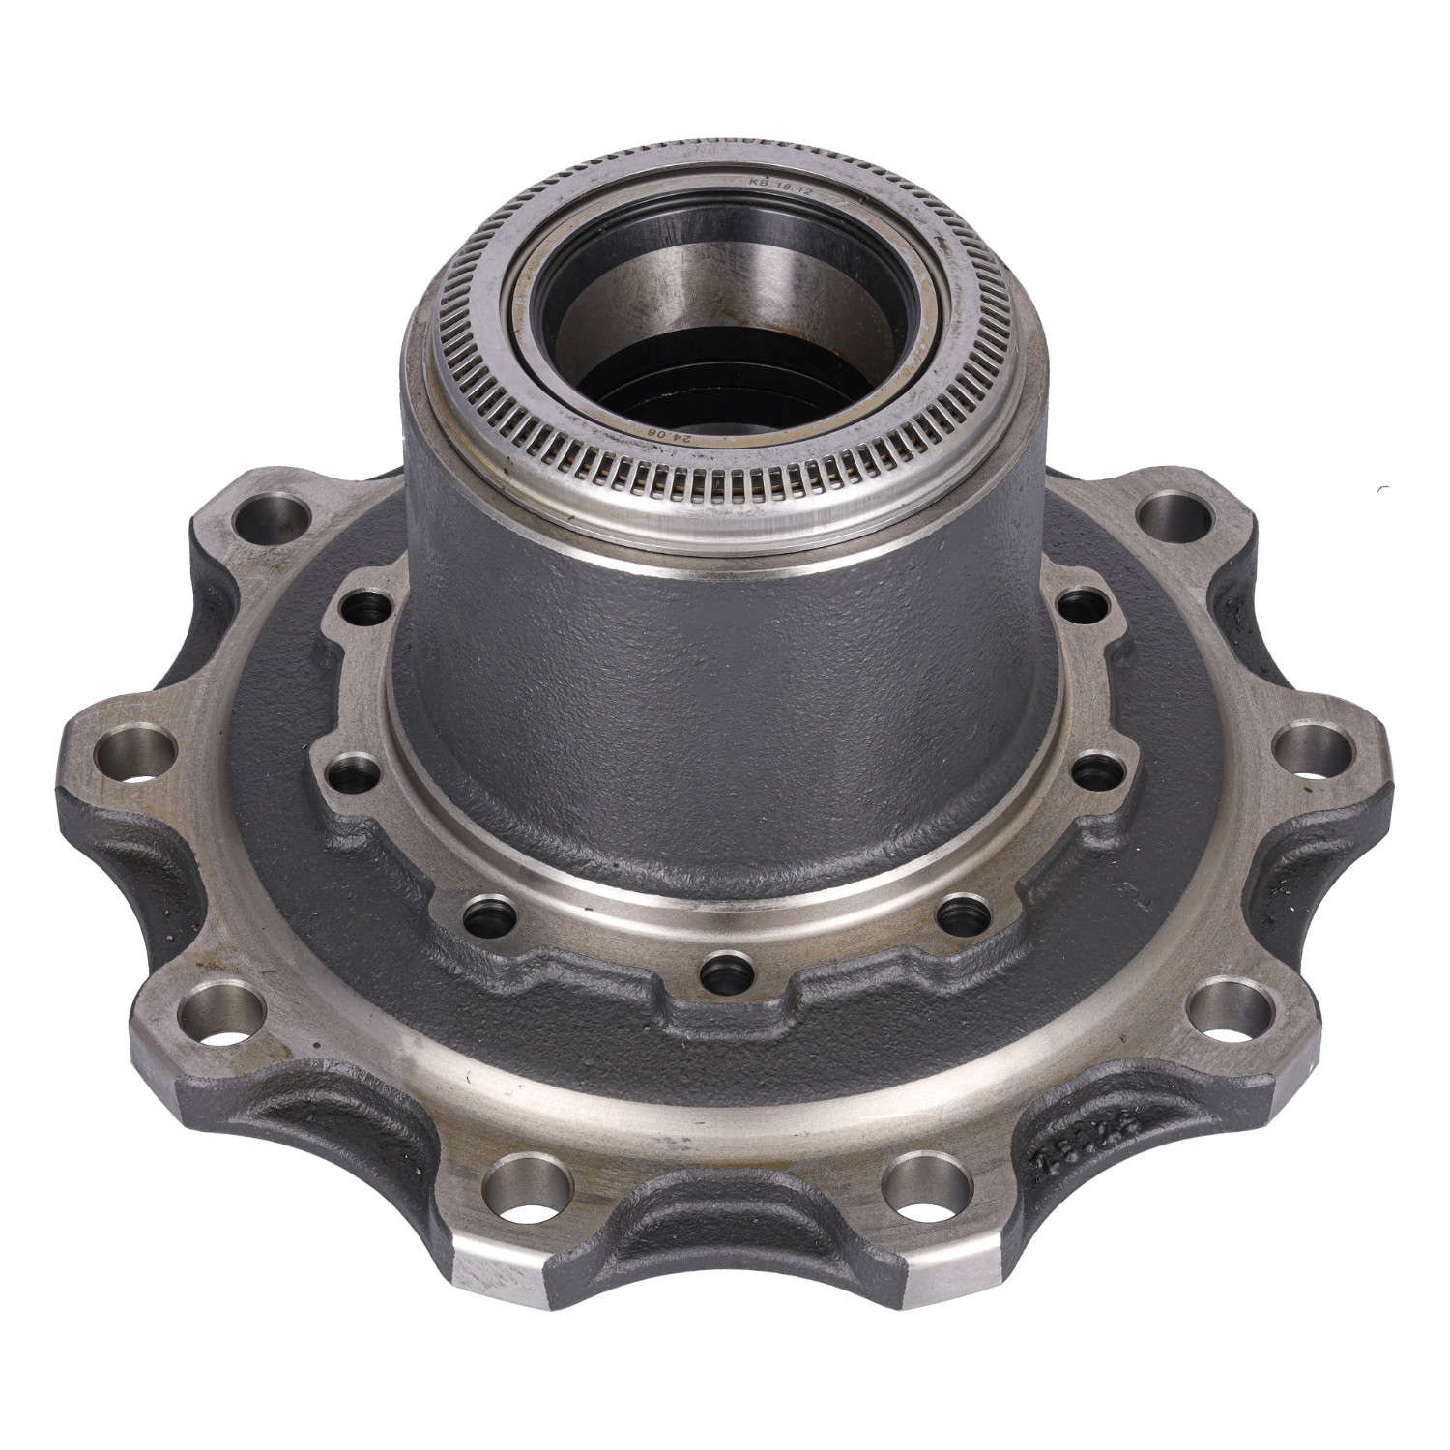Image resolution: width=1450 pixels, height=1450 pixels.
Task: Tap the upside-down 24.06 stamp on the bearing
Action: [x=667, y=434]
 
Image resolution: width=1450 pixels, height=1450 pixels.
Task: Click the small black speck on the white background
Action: [x=1388, y=486]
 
